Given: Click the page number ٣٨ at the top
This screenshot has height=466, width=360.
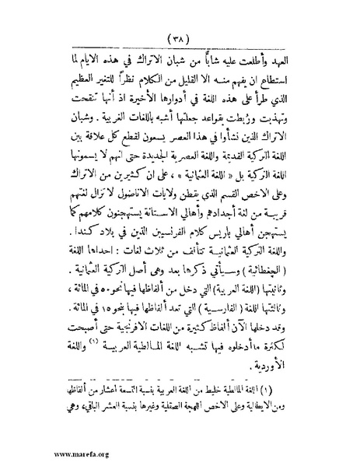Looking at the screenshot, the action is click(x=180, y=36).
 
